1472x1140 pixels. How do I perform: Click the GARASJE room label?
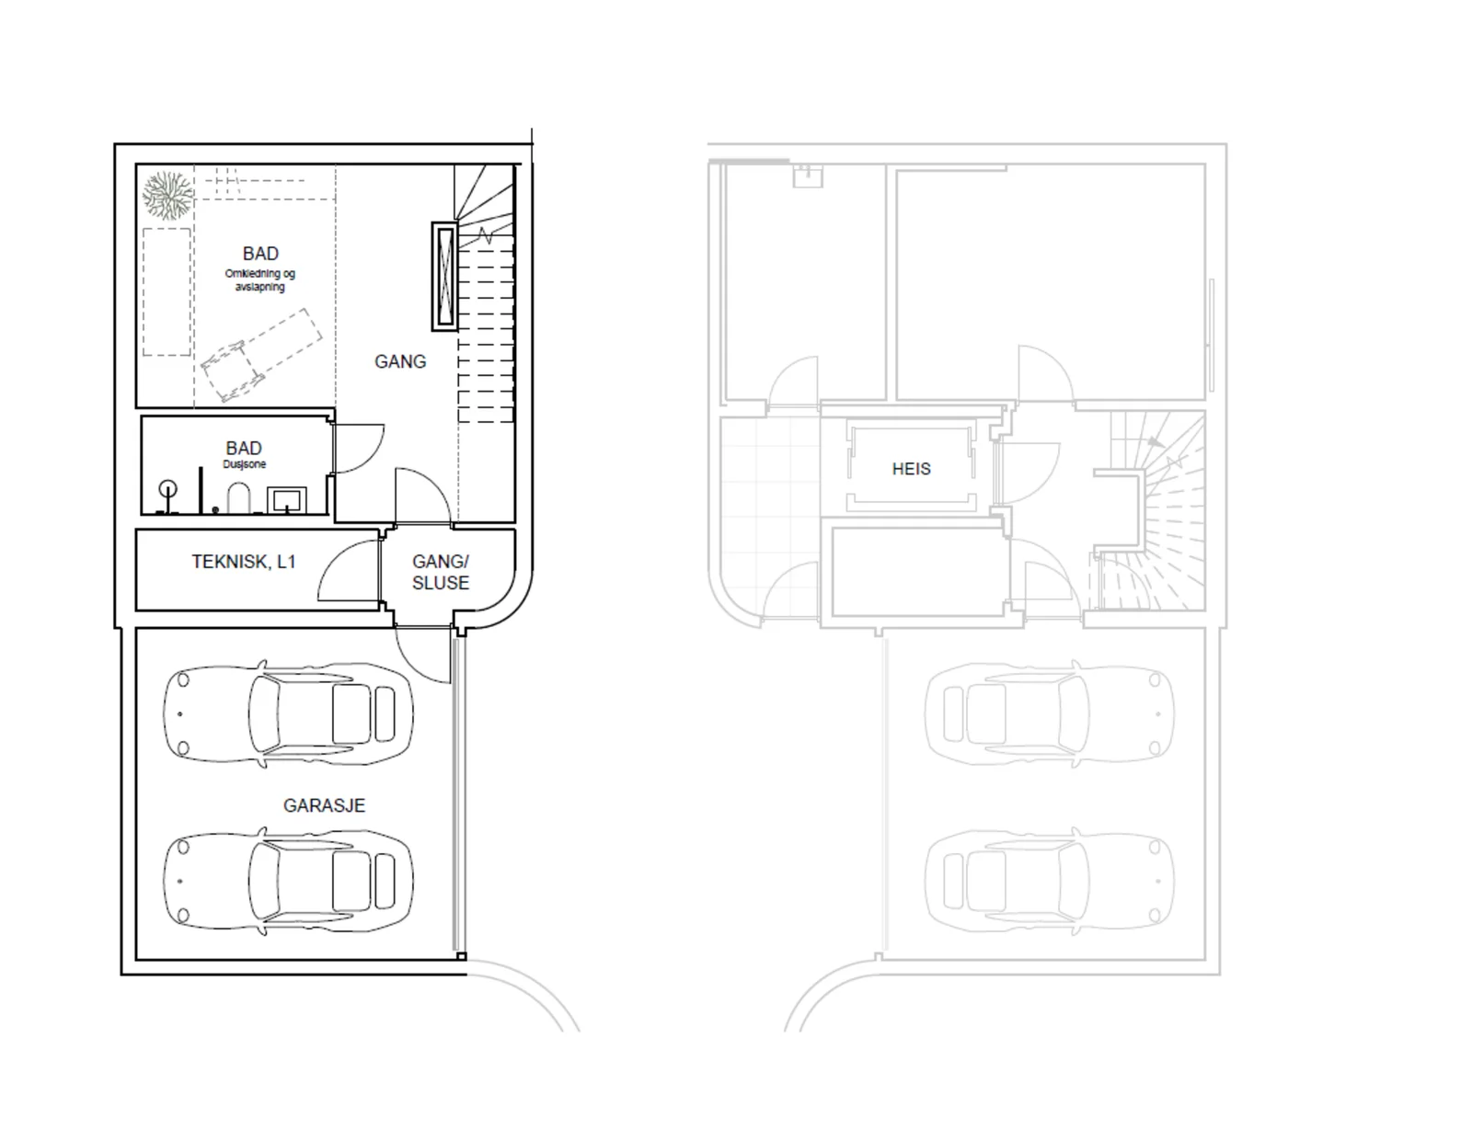pos(324,805)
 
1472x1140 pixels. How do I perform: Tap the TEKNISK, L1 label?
pos(243,562)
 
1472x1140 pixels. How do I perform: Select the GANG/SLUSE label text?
pos(441,572)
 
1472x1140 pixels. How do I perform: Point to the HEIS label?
pos(911,469)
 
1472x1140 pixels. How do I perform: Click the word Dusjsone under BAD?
pos(245,464)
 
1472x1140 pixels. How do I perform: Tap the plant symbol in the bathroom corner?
pos(167,195)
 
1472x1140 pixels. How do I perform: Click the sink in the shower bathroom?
pos(287,499)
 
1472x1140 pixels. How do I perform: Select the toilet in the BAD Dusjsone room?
pos(238,498)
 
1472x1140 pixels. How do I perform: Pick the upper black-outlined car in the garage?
pos(288,714)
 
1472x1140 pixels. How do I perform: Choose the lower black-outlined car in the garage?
pos(288,882)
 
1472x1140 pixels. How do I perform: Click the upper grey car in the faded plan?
pos(1050,714)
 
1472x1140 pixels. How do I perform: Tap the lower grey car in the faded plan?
pos(1050,882)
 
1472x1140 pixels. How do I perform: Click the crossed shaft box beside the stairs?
pos(445,276)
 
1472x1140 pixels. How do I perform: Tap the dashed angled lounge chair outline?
pos(262,356)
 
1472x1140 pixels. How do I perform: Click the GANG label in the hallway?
pos(400,361)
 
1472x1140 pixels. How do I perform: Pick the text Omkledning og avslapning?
pos(260,280)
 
